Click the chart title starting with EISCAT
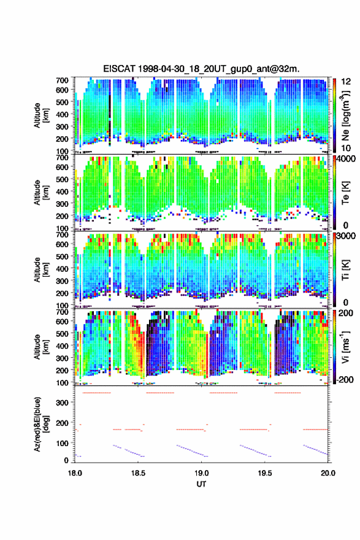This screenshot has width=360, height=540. coord(201,69)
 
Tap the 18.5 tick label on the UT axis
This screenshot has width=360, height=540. coord(138,473)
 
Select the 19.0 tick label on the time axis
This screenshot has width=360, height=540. coord(201,473)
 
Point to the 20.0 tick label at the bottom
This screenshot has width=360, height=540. coord(328,473)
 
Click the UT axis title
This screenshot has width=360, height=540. coord(201,484)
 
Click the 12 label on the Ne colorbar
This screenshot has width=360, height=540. coord(346,82)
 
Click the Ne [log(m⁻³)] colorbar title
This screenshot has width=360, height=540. coord(345,115)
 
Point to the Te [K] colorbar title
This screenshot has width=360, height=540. coord(345,193)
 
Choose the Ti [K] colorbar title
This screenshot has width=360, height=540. coord(345,270)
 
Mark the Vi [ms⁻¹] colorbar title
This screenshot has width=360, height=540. coord(345,347)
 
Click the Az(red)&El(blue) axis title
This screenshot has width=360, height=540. coord(40,424)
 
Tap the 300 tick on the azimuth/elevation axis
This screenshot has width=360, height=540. coord(63,403)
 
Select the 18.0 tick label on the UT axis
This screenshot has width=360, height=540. coord(75,473)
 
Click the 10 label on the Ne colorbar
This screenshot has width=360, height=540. coord(346,148)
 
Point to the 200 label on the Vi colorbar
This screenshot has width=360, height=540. coord(346,313)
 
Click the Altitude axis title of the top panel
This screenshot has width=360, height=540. coord(40,115)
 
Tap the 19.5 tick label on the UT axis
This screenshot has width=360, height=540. coord(265,473)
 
